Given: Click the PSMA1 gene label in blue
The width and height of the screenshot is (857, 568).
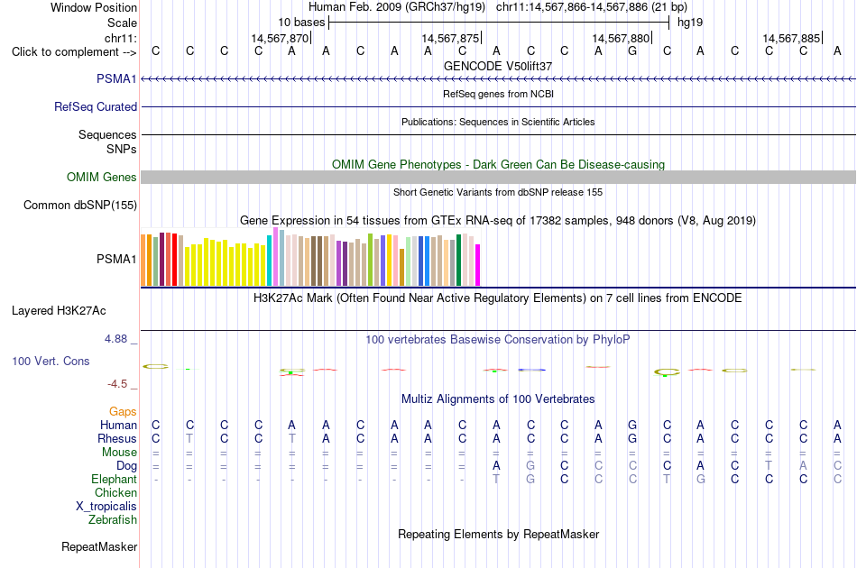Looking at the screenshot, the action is tap(116, 78).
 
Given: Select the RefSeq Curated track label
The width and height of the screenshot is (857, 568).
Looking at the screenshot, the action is tap(96, 106).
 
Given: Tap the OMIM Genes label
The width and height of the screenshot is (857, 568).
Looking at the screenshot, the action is tap(102, 177).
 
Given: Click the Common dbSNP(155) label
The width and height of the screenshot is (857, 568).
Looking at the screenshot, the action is tap(80, 205).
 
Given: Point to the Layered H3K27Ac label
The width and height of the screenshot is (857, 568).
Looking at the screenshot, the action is tap(59, 311).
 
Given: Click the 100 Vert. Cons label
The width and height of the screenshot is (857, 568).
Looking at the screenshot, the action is tap(51, 361).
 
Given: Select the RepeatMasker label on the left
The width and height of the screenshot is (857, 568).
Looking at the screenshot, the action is tap(99, 546).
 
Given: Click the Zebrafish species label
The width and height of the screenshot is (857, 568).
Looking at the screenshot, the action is tap(113, 519).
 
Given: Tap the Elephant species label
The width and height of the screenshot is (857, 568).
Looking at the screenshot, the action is tap(115, 479).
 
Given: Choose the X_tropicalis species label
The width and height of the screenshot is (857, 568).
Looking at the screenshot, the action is tap(106, 507).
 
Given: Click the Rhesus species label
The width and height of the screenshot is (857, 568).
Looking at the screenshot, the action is tap(117, 438).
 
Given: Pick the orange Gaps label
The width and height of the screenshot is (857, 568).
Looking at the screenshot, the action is tap(123, 411).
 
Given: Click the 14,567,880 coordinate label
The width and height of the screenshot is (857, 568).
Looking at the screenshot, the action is tap(621, 38).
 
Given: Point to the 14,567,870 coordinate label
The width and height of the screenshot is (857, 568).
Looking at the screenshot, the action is tap(280, 38).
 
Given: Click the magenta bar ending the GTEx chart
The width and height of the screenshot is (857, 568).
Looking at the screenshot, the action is tap(478, 265).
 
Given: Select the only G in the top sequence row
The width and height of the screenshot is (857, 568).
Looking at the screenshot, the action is tap(632, 50).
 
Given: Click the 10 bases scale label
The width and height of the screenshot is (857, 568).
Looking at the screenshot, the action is tap(301, 23).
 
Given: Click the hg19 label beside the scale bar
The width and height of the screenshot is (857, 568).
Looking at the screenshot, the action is tap(690, 23).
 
